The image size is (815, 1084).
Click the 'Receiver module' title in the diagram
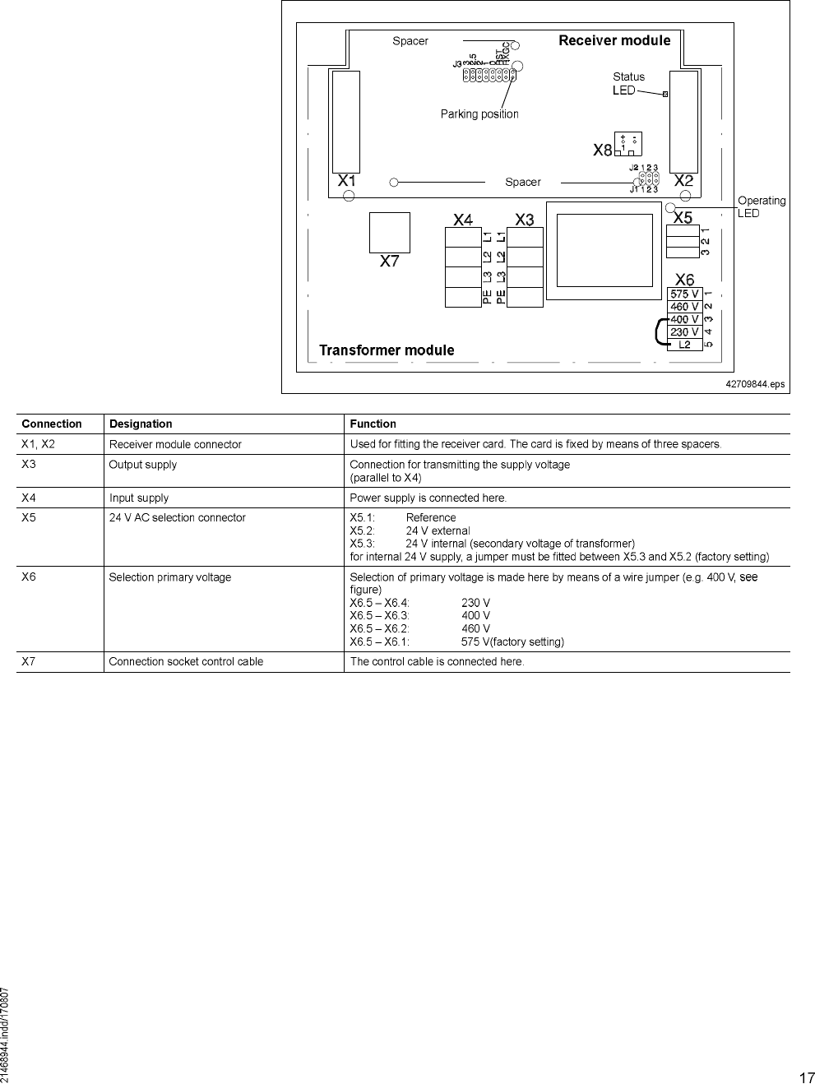[614, 40]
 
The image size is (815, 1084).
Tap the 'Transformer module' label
[387, 350]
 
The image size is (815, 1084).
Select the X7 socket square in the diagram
[389, 233]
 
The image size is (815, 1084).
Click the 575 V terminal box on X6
[684, 294]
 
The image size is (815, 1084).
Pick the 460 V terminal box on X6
[684, 307]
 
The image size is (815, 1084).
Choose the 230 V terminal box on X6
[684, 332]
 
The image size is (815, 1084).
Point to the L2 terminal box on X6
[684, 345]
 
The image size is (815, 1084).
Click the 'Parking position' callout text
[479, 114]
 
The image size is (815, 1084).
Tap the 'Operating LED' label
[761, 206]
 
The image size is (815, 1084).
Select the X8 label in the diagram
[603, 151]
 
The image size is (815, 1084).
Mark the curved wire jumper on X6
[659, 331]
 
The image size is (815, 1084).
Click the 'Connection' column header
[52, 424]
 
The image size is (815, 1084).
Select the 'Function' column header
[373, 424]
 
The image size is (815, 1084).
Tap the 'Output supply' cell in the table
[143, 465]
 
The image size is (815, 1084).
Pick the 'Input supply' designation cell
[139, 498]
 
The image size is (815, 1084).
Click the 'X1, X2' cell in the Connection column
[38, 444]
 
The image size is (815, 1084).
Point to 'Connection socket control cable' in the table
[186, 662]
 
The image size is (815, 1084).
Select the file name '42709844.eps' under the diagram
[755, 384]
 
